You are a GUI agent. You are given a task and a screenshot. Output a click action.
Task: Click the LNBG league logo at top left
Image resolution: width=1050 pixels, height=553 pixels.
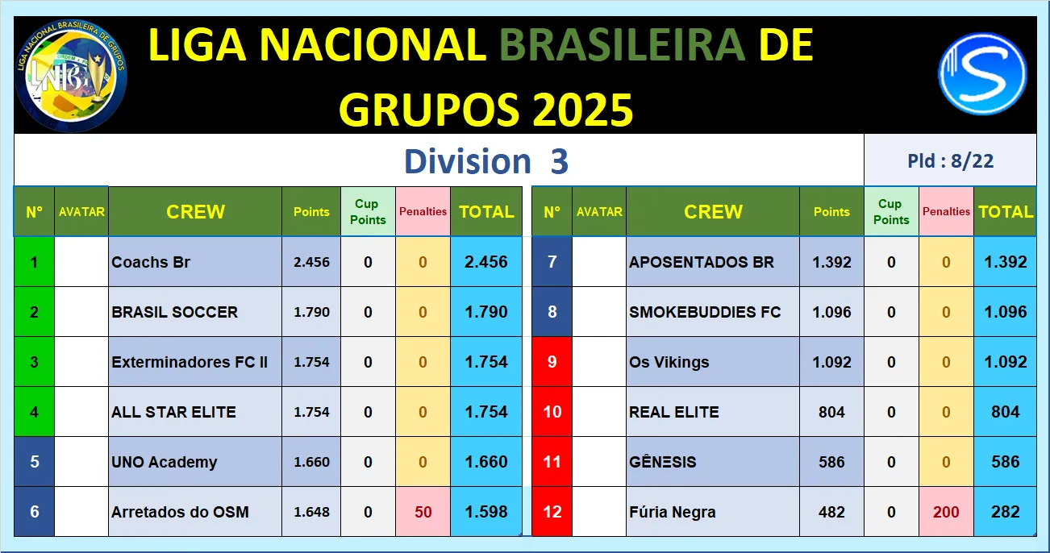pyautogui.click(x=71, y=76)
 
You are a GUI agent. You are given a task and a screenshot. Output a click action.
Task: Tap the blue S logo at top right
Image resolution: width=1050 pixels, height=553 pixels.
pyautogui.click(x=982, y=73)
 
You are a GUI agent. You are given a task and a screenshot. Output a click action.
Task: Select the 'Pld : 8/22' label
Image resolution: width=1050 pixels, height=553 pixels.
pyautogui.click(x=951, y=160)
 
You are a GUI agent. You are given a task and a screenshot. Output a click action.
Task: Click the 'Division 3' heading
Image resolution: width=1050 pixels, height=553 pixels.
pyautogui.click(x=486, y=161)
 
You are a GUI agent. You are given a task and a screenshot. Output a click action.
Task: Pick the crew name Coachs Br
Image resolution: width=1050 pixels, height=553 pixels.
pyautogui.click(x=151, y=262)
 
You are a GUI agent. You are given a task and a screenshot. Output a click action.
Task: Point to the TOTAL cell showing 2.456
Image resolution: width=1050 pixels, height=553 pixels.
pyautogui.click(x=486, y=262)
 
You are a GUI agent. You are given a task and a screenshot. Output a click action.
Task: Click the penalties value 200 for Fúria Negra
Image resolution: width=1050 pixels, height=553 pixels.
pyautogui.click(x=946, y=512)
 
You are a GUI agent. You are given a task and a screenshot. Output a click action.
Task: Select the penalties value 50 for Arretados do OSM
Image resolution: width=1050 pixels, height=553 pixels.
pyautogui.click(x=423, y=512)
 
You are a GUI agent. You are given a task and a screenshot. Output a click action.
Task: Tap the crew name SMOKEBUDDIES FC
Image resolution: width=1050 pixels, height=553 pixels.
pyautogui.click(x=705, y=312)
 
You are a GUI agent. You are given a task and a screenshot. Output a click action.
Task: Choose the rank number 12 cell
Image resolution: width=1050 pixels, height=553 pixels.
pyautogui.click(x=552, y=512)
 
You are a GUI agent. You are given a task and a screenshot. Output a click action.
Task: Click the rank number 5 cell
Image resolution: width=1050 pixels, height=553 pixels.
pyautogui.click(x=34, y=462)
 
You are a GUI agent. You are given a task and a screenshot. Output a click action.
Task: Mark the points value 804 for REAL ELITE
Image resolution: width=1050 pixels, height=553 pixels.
pyautogui.click(x=831, y=412)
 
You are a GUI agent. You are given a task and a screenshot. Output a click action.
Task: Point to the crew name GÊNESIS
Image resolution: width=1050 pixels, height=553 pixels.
pyautogui.click(x=662, y=462)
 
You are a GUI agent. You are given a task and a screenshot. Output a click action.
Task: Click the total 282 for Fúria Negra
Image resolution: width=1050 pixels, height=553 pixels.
pyautogui.click(x=1005, y=512)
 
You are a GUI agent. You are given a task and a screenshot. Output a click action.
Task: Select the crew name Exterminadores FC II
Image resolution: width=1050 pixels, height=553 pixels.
pyautogui.click(x=190, y=362)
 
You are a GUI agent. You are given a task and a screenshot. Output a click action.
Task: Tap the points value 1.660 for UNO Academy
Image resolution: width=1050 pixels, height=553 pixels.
pyautogui.click(x=312, y=462)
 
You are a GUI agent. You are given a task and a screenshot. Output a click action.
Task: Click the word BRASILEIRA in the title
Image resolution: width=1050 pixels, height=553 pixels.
pyautogui.click(x=622, y=45)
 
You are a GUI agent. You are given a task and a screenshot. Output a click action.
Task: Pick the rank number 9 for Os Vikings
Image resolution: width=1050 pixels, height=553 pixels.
pyautogui.click(x=552, y=362)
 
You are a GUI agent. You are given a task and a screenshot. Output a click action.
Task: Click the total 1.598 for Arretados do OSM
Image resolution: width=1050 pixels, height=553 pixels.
pyautogui.click(x=486, y=512)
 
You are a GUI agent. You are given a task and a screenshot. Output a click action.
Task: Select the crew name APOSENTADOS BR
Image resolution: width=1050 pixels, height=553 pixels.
pyautogui.click(x=702, y=262)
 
